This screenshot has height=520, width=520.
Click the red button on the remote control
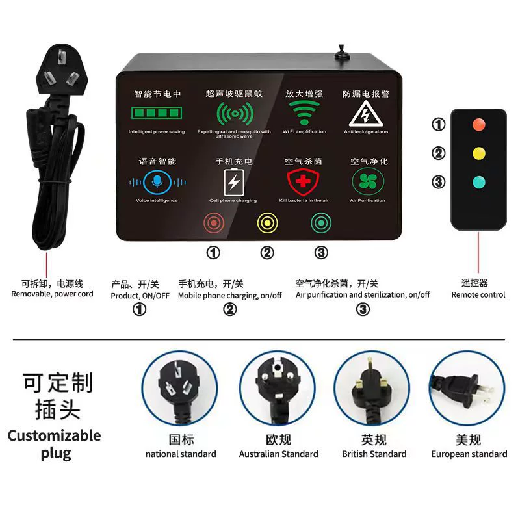point(478,125)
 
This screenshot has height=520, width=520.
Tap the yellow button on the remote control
point(478,153)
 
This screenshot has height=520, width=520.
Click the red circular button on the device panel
point(214,223)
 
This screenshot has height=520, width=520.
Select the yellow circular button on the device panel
point(267,223)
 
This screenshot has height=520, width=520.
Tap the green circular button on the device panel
point(321,223)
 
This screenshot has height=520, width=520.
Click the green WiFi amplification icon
point(304,112)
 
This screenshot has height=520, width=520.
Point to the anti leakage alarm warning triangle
point(366,114)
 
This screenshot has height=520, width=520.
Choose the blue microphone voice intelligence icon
point(157,182)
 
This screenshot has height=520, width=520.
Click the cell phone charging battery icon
point(234,183)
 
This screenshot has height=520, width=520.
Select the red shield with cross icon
point(303,182)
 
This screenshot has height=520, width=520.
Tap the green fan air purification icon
point(368,181)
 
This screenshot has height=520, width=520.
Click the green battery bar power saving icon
point(157,112)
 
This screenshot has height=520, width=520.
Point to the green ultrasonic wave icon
point(235,114)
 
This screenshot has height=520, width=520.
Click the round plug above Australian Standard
point(278,388)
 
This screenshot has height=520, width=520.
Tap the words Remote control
point(478,295)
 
